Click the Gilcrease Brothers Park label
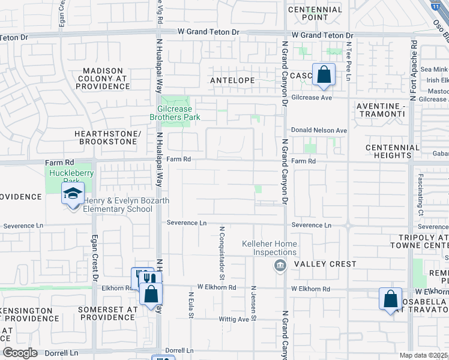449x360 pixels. (x=175, y=113)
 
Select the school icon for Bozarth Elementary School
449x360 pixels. (x=73, y=194)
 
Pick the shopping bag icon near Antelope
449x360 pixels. (x=324, y=75)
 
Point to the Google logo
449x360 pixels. (x=20, y=352)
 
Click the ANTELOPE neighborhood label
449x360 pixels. (x=232, y=80)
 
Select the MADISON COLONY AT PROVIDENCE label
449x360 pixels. (x=98, y=79)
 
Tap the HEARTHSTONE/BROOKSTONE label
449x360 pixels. (x=108, y=137)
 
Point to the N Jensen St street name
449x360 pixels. (x=253, y=303)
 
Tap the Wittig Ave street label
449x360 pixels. (x=234, y=319)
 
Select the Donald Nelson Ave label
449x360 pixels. (x=319, y=130)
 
